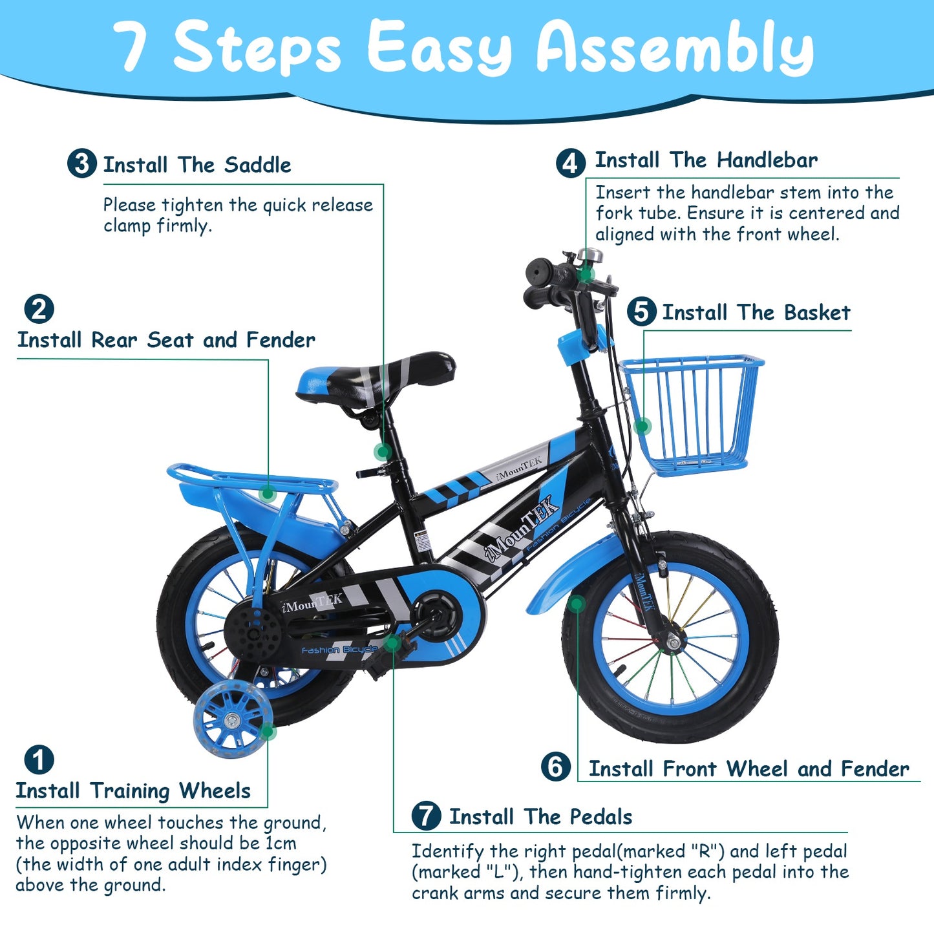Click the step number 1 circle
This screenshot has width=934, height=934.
39,760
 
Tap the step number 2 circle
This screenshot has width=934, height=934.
39,309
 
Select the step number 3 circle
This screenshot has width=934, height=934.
82,164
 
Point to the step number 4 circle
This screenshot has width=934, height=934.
571,163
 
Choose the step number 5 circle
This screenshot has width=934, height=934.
641,312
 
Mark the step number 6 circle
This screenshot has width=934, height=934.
556,767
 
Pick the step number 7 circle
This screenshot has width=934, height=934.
426,816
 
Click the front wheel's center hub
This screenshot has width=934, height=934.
672,641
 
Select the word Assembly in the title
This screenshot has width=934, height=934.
675,48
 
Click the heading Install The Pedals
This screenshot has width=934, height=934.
540,816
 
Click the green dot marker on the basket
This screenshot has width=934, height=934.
642,426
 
